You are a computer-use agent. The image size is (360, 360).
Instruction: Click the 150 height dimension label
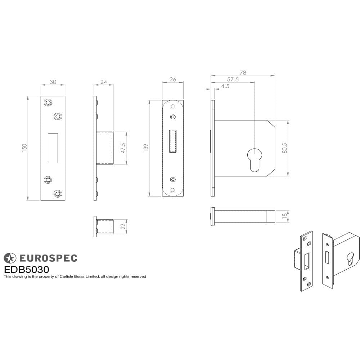coord(24,148)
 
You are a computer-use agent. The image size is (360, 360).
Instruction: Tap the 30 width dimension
coord(53,82)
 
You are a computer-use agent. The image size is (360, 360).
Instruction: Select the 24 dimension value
coord(104,82)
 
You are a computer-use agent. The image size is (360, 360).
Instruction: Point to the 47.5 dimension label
coord(123,148)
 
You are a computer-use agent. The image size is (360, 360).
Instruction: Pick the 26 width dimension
coord(172,80)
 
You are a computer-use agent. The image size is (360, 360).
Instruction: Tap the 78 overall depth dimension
coord(243,73)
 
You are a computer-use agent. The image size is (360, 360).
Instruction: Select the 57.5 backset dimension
coord(233,80)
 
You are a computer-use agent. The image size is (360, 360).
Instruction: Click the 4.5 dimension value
coord(225,86)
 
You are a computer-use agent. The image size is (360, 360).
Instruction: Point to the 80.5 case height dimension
coord(284,148)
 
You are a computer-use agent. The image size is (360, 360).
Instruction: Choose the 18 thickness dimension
coord(284,215)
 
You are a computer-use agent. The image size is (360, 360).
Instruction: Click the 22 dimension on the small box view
coord(123,226)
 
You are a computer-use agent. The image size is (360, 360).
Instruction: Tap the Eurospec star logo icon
coord(10,258)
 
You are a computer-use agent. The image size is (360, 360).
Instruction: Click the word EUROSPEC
coord(48,258)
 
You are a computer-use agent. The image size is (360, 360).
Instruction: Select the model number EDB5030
coord(26,269)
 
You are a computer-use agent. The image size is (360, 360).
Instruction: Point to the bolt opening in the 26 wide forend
coord(173,141)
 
